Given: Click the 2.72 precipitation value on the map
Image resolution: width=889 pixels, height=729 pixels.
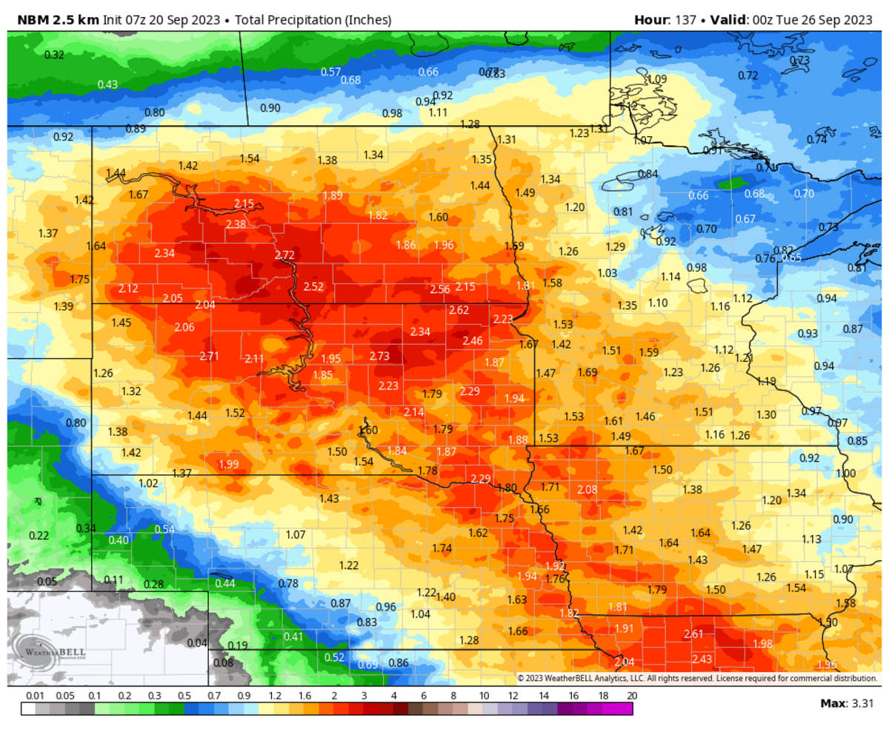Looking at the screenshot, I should coord(284,255).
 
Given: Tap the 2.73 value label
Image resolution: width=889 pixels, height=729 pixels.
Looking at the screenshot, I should coord(379,356).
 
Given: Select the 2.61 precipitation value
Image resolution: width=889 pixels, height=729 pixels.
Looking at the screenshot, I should coord(693,634).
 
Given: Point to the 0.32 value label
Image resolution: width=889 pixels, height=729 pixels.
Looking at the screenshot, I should coord(54,55).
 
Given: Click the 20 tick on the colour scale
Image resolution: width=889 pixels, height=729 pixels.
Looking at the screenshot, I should coord(632,696).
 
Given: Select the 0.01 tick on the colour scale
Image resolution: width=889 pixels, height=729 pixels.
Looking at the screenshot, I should coord(33,696).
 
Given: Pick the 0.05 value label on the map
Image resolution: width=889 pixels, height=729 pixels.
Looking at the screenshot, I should coord(47,582).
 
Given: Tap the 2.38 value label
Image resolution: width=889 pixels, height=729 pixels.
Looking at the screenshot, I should coord(236,224).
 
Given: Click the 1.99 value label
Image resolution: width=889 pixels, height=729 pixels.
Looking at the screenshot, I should coord(229,464).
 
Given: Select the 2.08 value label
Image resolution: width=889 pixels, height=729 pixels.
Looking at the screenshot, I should coord(587,489).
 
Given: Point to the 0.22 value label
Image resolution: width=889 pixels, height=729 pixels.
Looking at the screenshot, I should coord(39,535).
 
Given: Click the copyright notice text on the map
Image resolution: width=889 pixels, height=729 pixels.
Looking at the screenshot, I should coord(696,678).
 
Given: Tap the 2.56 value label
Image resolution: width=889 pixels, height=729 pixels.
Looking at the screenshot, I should coord(440,289).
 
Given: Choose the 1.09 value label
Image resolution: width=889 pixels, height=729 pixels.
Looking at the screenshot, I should coord(657,79).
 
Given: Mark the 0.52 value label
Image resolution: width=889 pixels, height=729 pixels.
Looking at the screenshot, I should coord(335,657).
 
